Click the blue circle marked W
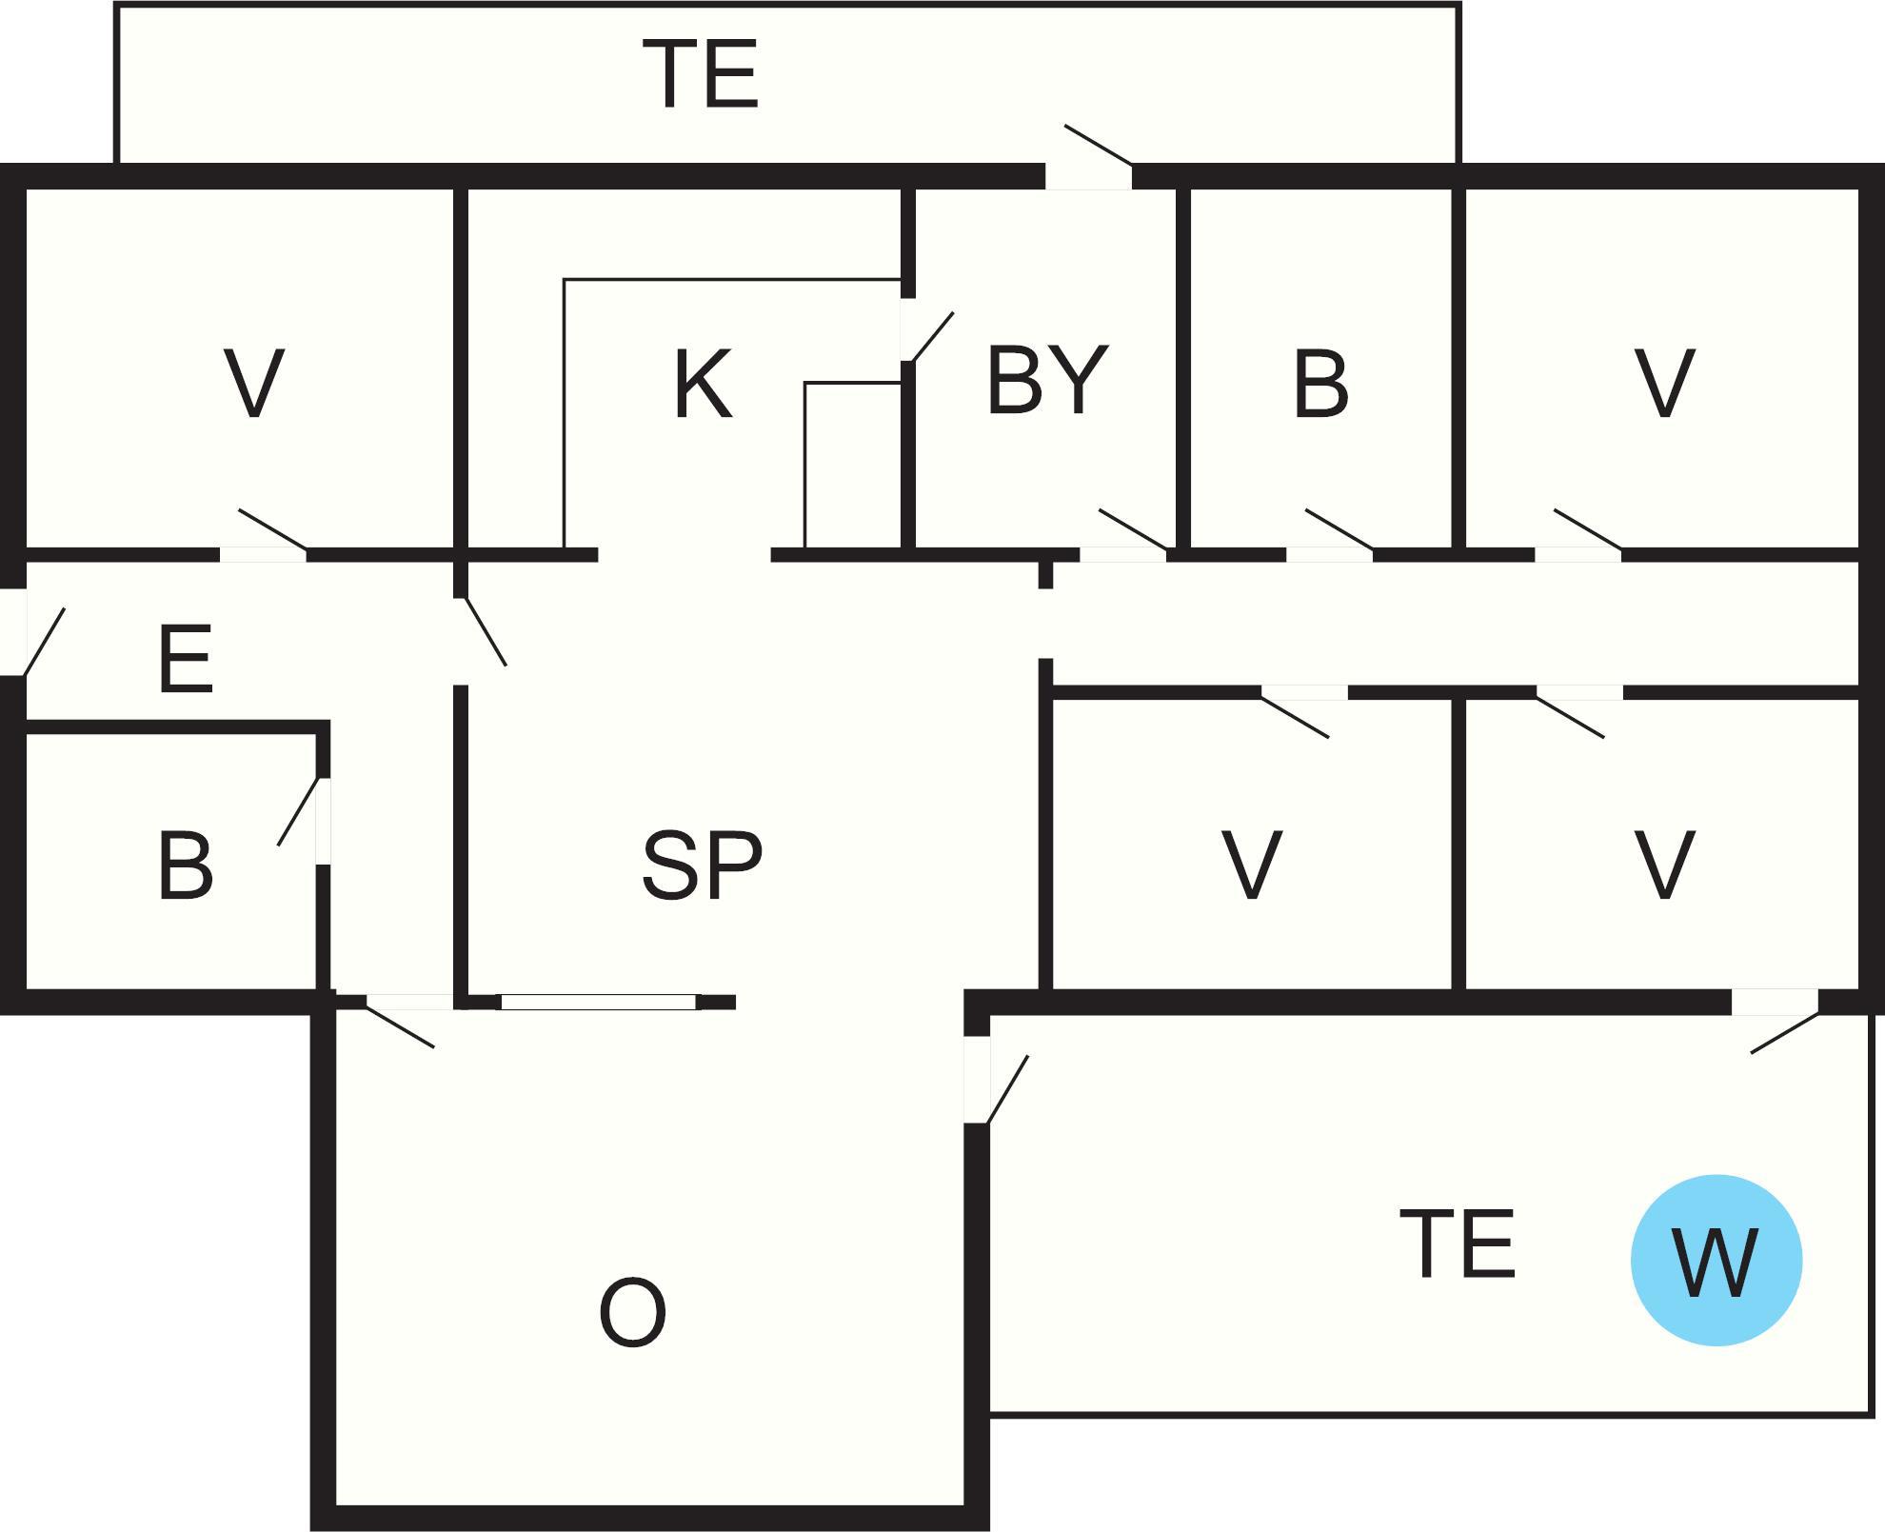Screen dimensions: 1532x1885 coord(1716,1260)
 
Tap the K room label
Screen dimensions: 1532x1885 coord(703,384)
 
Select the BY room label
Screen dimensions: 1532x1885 coord(1047,381)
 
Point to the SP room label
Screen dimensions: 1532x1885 coord(703,865)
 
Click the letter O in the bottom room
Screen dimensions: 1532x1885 coord(632,1313)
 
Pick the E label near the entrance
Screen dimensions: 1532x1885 coord(185,659)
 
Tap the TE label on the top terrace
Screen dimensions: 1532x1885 coord(701,74)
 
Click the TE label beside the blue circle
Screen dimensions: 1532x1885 coord(1458,1244)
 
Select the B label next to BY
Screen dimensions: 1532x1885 coord(1320,384)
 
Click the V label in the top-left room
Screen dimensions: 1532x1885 coord(253,384)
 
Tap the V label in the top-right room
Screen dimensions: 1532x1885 coord(1663,384)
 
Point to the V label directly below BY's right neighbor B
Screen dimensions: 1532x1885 coord(1251,865)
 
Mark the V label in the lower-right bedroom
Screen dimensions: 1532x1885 coord(1663,865)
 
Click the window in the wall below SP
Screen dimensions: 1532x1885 coord(598,1002)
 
